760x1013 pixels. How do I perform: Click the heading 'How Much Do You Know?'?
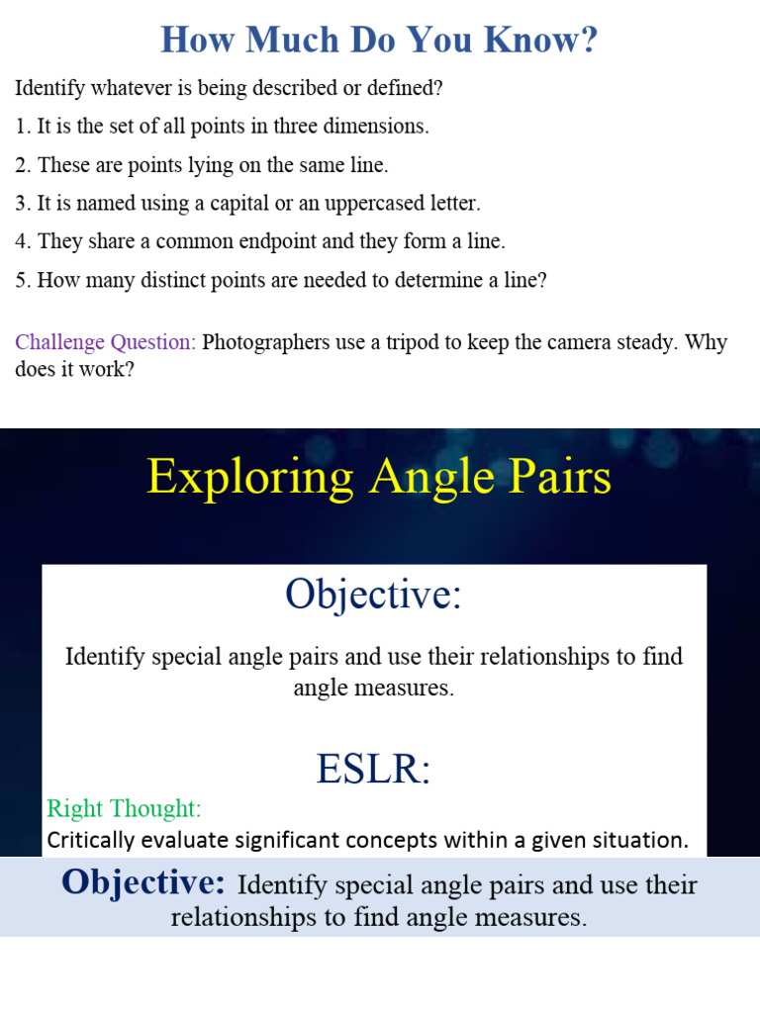[379, 40]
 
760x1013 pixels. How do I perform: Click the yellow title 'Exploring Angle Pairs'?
[379, 477]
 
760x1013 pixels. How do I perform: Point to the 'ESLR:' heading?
[374, 769]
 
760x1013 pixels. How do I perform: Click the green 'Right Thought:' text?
[124, 808]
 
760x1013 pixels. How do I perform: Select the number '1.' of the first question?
[23, 127]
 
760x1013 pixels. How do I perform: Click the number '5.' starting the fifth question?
[23, 281]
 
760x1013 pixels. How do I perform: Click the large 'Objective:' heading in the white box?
[374, 595]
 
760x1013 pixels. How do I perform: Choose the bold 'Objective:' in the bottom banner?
[143, 882]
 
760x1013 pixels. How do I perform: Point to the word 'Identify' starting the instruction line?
[47, 88]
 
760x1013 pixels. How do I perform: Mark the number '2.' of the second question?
[23, 165]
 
